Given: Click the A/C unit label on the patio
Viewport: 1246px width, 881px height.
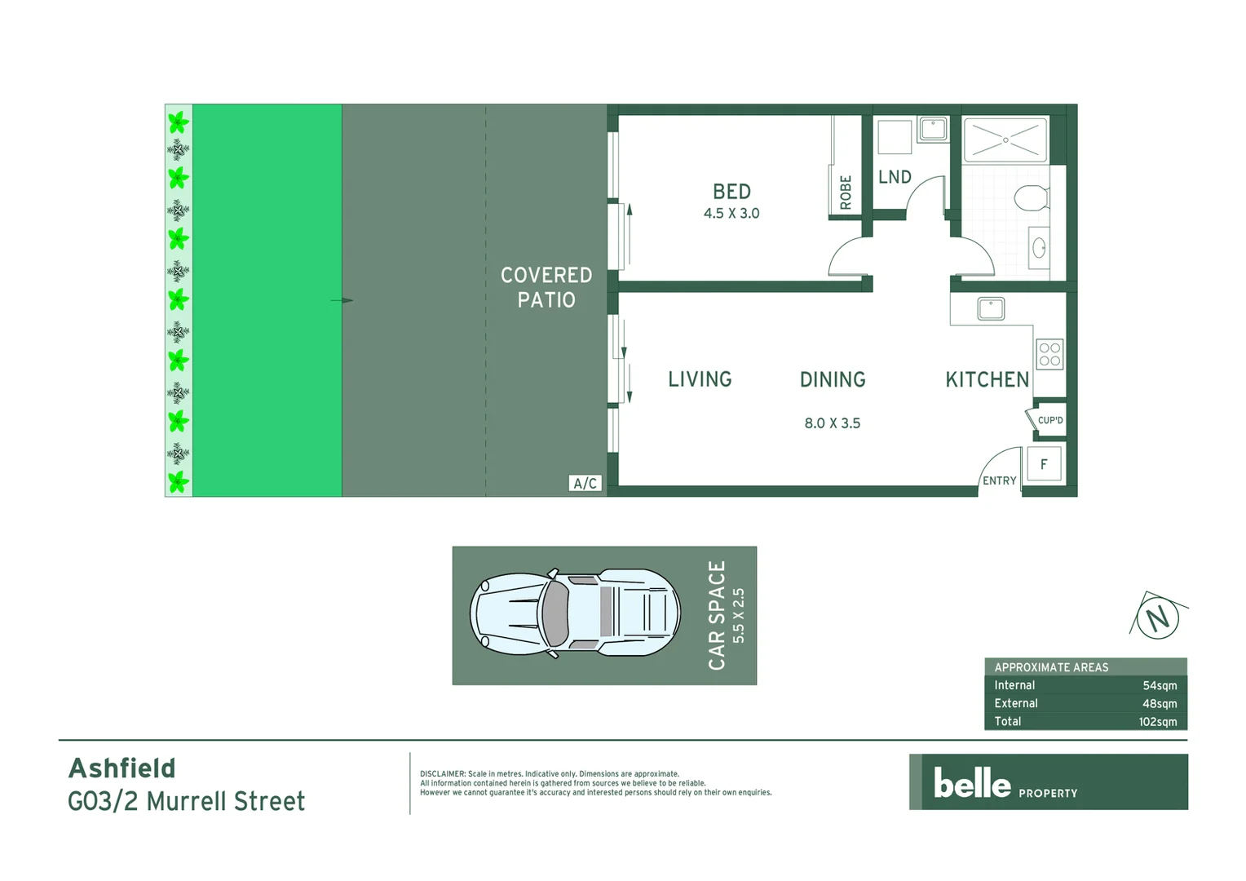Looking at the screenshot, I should pos(585,483).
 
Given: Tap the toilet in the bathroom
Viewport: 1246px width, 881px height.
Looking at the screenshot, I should pos(1032,198).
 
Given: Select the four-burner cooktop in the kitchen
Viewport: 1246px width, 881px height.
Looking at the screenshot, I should pos(1049,354).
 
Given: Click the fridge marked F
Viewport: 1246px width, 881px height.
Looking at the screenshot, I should pos(1044,464).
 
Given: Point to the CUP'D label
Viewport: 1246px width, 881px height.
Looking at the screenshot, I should pos(1049,421).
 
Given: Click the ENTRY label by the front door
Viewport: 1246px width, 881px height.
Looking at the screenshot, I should pos(999,480).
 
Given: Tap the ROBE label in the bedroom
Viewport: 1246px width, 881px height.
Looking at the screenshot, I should pos(846,193).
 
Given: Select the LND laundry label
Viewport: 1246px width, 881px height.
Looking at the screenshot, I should pos(895,177).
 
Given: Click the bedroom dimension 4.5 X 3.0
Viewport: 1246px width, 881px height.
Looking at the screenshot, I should pos(731,214).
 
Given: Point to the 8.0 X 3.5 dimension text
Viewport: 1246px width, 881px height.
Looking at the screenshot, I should pos(832,423).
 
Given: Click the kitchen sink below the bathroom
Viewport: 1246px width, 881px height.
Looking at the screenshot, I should pos(991,308).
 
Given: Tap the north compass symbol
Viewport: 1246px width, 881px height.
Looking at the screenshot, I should pos(1158,618).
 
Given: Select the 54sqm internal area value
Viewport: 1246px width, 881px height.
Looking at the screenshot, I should pos(1159,686).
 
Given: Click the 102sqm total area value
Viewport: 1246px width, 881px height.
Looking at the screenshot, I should pos(1157,722).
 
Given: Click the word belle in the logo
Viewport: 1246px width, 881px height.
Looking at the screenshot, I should pos(972,783).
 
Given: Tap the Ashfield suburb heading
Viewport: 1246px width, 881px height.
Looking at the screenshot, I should pos(122,768).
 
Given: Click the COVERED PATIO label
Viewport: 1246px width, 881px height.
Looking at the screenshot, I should pos(546,287).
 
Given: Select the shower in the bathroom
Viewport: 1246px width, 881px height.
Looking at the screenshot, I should pos(1005,140).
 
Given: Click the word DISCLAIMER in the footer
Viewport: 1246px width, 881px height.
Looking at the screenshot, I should pos(442,774).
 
